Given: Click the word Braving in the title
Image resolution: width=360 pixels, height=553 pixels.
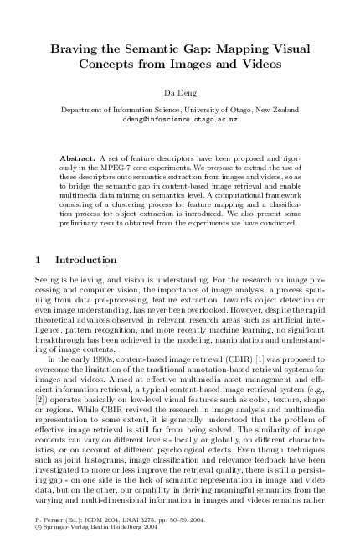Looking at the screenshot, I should pos(77,50).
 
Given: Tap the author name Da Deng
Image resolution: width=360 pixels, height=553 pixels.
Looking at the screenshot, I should pos(180,93).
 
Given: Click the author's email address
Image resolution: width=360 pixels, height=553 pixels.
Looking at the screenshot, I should pos(180,120).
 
